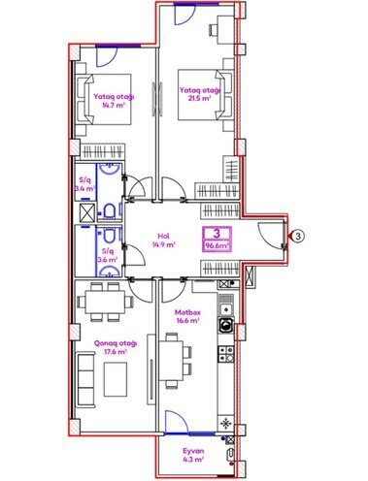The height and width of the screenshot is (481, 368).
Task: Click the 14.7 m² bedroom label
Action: click(115, 104)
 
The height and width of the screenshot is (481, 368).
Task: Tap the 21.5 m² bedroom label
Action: click(198, 95)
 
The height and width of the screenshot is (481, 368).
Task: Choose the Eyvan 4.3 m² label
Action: click(197, 455)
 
